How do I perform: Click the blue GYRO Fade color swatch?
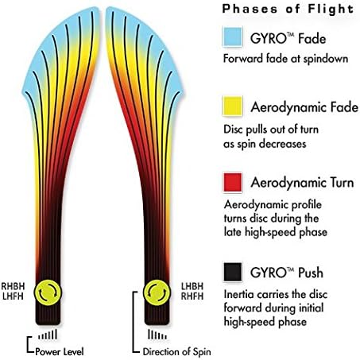tap(233, 37)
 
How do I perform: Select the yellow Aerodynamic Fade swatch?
tap(233, 106)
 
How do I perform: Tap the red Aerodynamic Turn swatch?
tap(233, 182)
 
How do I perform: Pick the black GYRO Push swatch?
tap(233, 272)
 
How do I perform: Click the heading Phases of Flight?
tap(288, 9)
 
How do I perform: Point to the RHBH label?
tap(13, 286)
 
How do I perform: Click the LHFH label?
tap(13, 296)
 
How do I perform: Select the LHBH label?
tap(192, 286)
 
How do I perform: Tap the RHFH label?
tap(192, 296)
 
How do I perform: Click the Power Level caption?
tap(60, 352)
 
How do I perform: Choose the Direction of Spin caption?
tap(177, 352)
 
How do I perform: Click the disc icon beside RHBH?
tap(48, 292)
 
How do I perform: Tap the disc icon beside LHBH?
tap(157, 292)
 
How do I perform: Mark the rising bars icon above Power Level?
tap(48, 335)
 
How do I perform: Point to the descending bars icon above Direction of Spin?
tap(157, 335)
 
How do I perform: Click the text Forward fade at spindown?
tap(285, 59)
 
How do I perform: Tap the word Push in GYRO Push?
tap(311, 273)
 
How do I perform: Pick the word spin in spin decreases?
tap(247, 145)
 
